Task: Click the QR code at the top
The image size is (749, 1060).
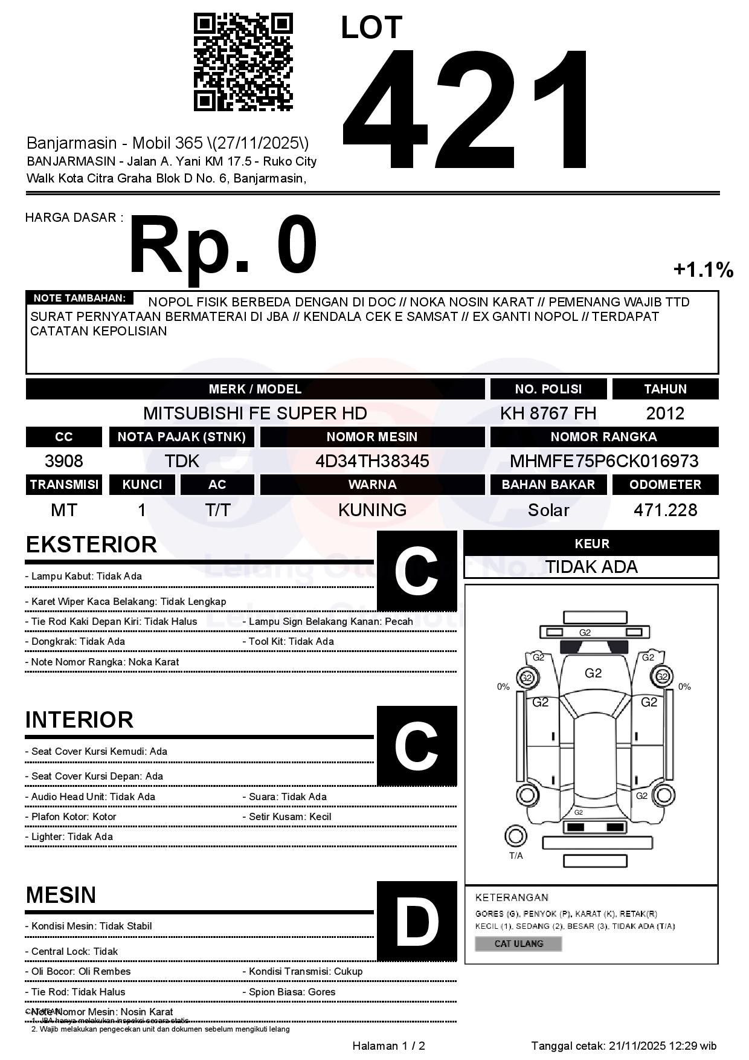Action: [x=243, y=63]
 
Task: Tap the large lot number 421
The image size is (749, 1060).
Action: [x=466, y=109]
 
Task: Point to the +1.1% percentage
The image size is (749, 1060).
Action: [x=703, y=270]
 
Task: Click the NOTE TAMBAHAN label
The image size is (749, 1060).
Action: [x=79, y=298]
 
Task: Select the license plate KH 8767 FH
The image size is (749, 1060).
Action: [x=548, y=413]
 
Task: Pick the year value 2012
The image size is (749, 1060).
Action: [x=665, y=413]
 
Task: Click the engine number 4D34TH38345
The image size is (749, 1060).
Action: [x=372, y=462]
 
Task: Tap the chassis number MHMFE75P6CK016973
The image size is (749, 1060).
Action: [x=604, y=462]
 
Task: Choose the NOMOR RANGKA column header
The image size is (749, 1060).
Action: [x=604, y=437]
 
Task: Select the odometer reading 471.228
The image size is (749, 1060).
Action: [x=665, y=510]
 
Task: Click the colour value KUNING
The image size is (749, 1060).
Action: [x=372, y=510]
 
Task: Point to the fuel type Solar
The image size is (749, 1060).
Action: [x=548, y=510]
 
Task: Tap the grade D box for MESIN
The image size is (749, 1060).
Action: [x=417, y=921]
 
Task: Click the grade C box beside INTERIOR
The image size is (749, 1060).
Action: [x=417, y=746]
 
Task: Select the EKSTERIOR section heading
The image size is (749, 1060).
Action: [x=91, y=545]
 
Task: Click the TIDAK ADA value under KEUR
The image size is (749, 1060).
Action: [x=591, y=567]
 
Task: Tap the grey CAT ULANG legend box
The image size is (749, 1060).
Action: [x=518, y=943]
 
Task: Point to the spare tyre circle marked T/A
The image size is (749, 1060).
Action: [x=515, y=836]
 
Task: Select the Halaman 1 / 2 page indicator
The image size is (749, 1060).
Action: [x=388, y=1046]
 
